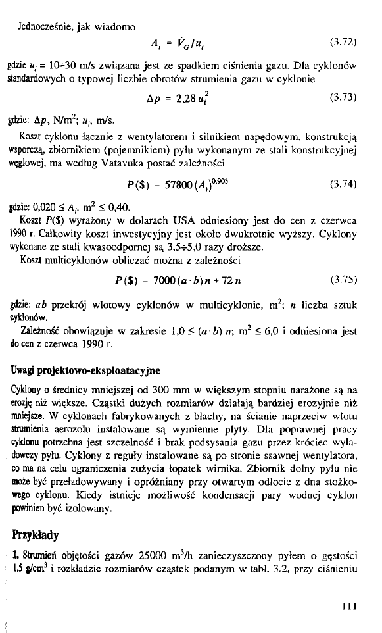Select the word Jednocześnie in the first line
click(49, 27)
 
